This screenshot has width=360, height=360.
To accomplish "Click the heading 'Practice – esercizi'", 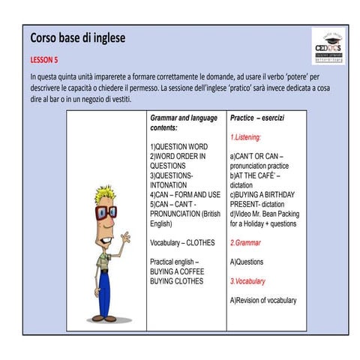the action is tap(256, 118).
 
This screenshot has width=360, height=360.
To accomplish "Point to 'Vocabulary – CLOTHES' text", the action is tap(182, 243).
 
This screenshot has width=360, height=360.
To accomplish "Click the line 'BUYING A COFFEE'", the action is tap(177, 271).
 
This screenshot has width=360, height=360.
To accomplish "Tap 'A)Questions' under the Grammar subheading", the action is tap(247, 262).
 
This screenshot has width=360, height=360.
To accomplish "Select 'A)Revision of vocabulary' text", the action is tap(263, 301).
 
